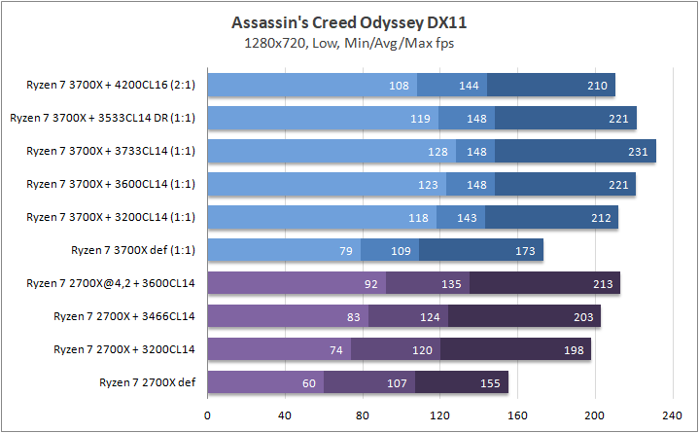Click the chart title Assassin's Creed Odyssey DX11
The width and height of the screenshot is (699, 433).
(349, 21)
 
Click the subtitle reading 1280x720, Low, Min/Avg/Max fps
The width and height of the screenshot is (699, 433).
(349, 43)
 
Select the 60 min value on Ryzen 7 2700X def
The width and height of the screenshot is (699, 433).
(308, 382)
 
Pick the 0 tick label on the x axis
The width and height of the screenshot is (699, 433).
(207, 414)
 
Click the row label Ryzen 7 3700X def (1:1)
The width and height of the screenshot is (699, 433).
(133, 250)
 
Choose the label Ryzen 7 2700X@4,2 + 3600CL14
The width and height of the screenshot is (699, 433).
(112, 283)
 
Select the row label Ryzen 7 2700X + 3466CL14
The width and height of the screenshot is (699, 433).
(124, 316)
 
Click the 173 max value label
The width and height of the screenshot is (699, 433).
(526, 250)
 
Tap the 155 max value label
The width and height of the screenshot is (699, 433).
(491, 382)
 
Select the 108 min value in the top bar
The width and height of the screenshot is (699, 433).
(399, 85)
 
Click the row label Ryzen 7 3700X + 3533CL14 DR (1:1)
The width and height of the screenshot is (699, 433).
(102, 118)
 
